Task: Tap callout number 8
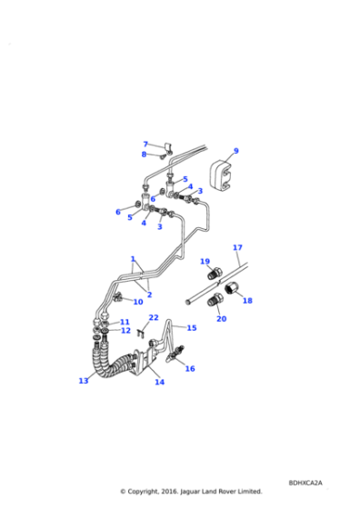144,155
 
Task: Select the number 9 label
235,151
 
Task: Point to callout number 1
133,258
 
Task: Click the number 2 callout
150,294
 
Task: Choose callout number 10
138,302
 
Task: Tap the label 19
205,261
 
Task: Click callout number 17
237,247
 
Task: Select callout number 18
246,300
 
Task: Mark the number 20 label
222,318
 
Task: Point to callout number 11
125,322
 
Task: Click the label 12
125,331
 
